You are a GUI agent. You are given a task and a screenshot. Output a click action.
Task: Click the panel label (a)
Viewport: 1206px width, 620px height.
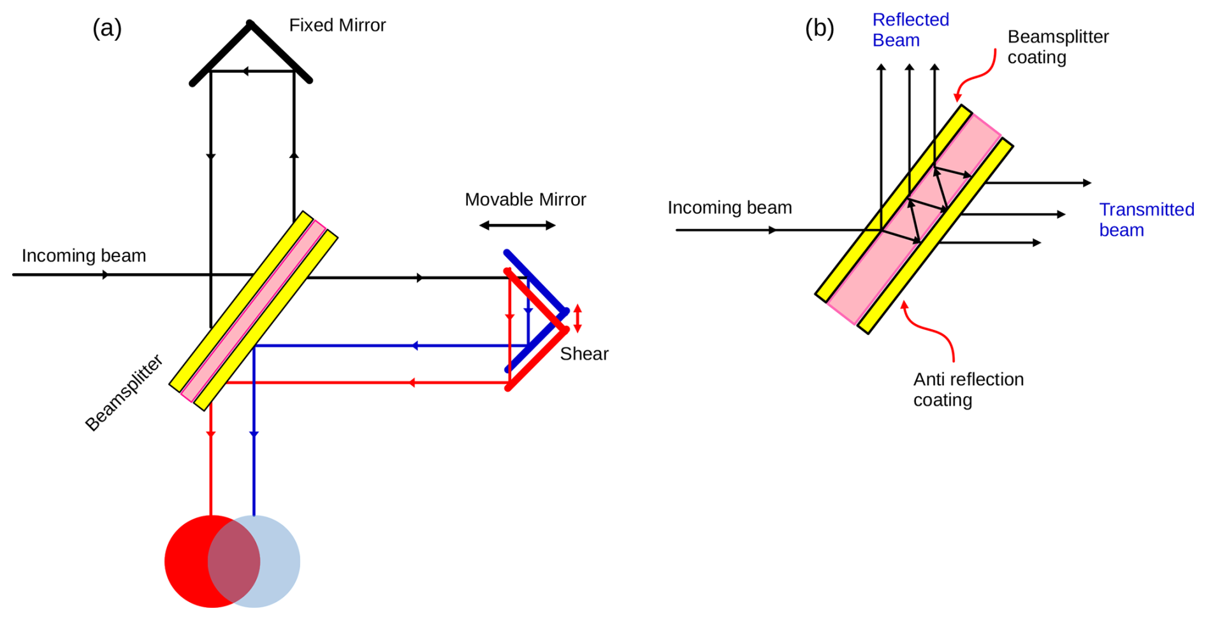point(107,29)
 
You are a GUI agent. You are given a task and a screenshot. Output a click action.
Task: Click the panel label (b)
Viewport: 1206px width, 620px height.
point(819,29)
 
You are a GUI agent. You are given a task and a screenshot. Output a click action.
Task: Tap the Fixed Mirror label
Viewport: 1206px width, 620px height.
point(337,26)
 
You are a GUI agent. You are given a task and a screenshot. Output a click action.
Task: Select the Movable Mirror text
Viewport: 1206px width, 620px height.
point(525,200)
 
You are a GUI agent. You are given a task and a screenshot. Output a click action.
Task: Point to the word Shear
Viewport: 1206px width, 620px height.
point(584,354)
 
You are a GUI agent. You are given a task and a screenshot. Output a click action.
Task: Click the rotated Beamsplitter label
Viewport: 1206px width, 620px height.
point(124,394)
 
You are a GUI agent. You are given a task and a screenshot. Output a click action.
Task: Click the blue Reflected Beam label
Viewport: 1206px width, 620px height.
point(910,30)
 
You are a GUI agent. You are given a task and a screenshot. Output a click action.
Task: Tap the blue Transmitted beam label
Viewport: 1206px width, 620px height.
point(1146,219)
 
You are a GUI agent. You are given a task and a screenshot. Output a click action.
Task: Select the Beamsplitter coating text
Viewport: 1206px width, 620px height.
point(1057,47)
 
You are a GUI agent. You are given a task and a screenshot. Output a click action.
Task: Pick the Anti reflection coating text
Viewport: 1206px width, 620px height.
point(968,389)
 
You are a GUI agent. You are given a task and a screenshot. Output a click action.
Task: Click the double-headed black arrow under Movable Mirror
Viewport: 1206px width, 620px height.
point(517,225)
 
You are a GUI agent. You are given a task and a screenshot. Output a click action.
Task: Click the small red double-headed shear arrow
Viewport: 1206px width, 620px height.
point(578,318)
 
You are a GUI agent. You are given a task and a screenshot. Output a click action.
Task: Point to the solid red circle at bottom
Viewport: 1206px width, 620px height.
point(188,561)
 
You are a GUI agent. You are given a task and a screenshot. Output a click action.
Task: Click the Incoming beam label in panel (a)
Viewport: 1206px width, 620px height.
point(84,256)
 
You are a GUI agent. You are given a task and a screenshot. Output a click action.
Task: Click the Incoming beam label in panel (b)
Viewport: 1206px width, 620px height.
point(729,208)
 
